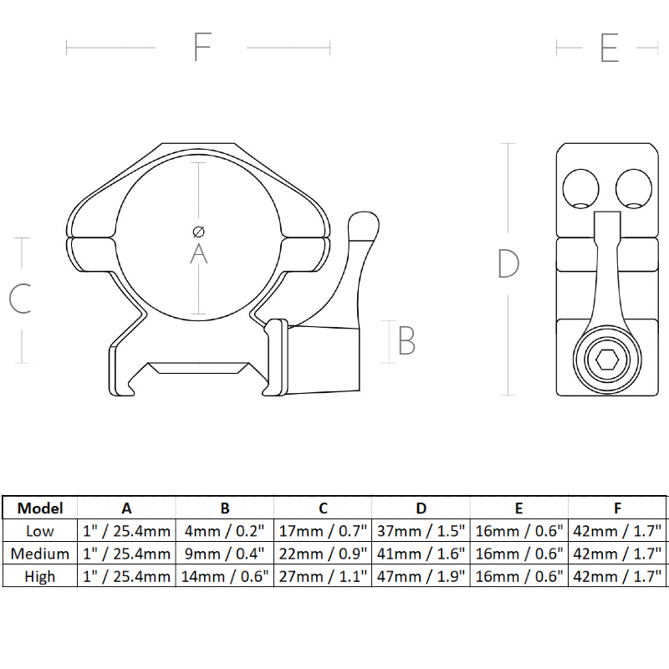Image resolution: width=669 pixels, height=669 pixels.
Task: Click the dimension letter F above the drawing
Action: click(x=202, y=48)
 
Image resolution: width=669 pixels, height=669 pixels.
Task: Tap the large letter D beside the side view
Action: click(x=508, y=264)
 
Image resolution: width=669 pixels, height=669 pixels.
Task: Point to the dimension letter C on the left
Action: click(x=20, y=299)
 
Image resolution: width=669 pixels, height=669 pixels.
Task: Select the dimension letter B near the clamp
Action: click(x=406, y=341)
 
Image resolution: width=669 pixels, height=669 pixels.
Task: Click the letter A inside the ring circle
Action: click(x=198, y=253)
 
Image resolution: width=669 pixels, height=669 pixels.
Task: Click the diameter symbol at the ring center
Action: click(x=198, y=231)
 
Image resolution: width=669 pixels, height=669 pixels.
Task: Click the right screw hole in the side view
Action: click(x=632, y=187)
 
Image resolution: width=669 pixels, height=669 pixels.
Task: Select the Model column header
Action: click(x=40, y=508)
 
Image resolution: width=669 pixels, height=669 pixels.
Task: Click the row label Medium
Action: click(x=40, y=554)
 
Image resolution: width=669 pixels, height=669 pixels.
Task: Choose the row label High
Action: click(x=40, y=576)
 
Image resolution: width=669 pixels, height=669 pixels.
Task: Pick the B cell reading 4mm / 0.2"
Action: click(x=224, y=531)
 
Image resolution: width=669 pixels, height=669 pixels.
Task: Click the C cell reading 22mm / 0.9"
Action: click(x=323, y=554)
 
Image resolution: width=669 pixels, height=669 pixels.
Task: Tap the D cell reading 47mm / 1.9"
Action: click(x=421, y=576)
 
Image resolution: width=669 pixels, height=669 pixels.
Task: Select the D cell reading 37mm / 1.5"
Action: click(x=421, y=531)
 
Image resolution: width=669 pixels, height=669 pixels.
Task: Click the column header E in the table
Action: click(x=518, y=508)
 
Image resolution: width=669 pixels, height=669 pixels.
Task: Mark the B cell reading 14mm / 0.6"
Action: click(x=224, y=576)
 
